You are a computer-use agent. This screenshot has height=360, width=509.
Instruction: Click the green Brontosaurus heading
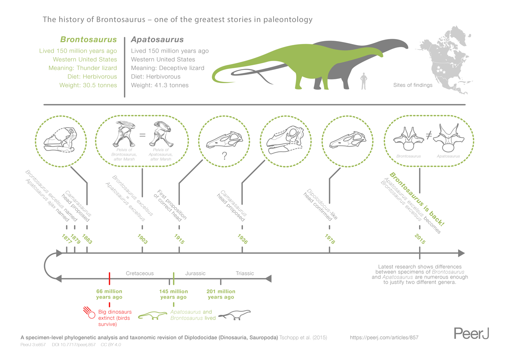pos(88,40)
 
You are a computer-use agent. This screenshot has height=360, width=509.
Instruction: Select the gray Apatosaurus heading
pos(157,40)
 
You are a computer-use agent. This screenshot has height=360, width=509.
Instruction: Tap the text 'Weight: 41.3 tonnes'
pos(159,85)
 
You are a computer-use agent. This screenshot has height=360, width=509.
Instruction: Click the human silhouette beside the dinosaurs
pos(363,81)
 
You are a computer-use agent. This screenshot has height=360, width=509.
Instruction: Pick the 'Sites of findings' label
pos(413,85)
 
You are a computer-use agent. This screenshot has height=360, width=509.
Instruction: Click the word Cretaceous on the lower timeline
pos(140,273)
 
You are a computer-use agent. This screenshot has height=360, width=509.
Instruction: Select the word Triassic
pos(245,273)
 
